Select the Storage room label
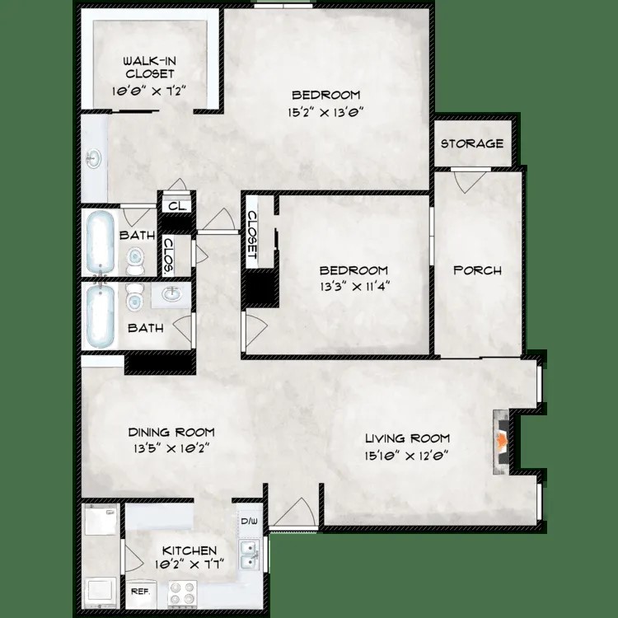coord(471,143)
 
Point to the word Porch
coord(478,270)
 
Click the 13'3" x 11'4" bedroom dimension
coord(353,287)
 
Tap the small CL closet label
coord(176,207)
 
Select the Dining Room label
coord(171,432)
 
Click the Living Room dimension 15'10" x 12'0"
coord(406,454)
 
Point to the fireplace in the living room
coord(499,442)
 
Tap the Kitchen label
coord(190,550)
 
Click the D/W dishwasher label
coord(248,522)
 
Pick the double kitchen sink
coord(248,555)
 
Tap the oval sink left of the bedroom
coord(92,157)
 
